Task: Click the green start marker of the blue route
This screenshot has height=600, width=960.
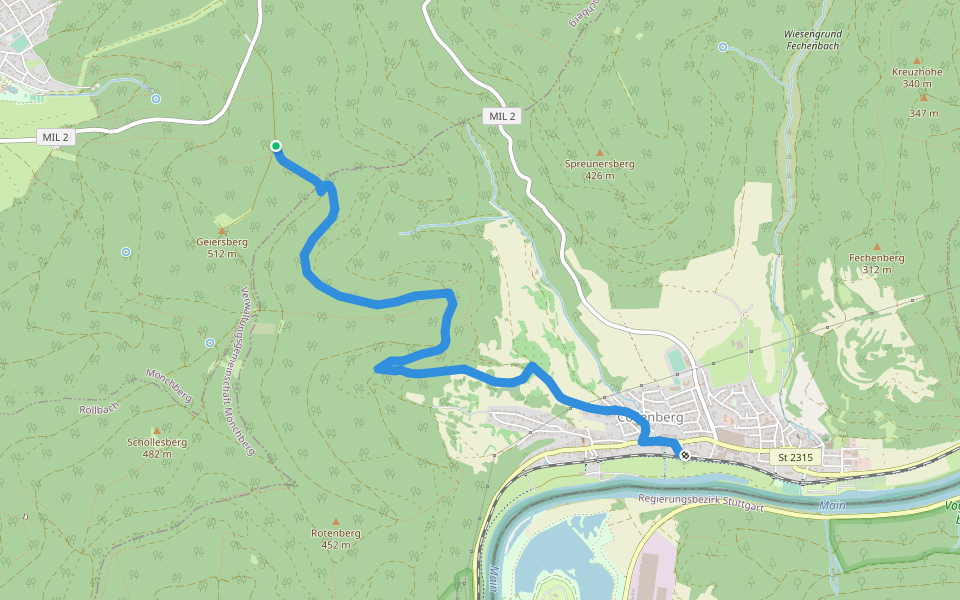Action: (276, 146)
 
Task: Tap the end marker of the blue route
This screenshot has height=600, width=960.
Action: (685, 456)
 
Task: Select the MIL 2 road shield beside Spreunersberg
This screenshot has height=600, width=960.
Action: (502, 116)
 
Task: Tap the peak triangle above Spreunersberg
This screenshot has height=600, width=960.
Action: (600, 151)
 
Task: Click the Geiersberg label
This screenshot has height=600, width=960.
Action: (222, 242)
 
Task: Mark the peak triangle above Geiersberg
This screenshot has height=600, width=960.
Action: (222, 230)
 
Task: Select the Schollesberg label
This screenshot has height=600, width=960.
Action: (157, 442)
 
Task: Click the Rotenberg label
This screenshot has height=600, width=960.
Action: (335, 533)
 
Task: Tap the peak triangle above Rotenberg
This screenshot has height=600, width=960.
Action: (335, 521)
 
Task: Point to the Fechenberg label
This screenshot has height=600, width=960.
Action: (876, 258)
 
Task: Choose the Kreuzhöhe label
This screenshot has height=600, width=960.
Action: (917, 72)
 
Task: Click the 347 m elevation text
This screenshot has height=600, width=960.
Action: (924, 113)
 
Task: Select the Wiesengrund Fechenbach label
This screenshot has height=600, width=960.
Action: (812, 40)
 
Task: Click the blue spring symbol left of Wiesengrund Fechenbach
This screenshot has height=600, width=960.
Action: (722, 46)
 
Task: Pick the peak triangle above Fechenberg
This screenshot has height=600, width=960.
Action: (876, 246)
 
